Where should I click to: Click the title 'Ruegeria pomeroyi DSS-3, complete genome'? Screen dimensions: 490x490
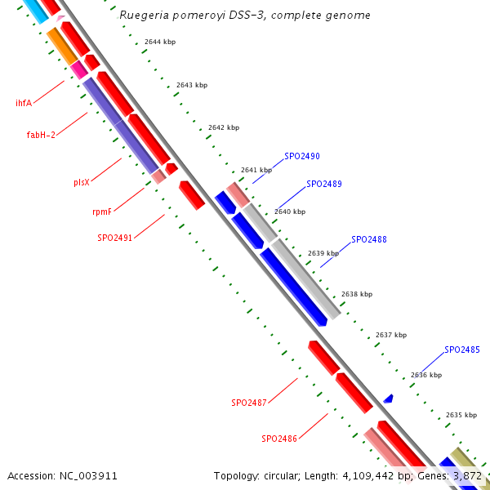pos(244,16)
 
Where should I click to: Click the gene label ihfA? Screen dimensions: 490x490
pos(24,104)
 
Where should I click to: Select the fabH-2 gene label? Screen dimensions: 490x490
pos(41,135)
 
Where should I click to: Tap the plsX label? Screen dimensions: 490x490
pos(82,182)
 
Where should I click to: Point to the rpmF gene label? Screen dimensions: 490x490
pos(102,212)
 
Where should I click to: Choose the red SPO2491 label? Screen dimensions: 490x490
pos(115,238)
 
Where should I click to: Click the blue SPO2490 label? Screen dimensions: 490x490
pos(302,156)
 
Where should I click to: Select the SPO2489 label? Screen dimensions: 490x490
pos(324,185)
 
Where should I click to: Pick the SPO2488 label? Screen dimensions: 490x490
pos(369,239)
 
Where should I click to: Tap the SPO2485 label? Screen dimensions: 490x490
pos(462,350)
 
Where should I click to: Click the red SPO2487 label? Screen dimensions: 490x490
pos(249,403)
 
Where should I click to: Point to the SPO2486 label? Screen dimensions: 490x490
pos(279,439)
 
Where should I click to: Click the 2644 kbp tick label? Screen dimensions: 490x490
pos(160,42)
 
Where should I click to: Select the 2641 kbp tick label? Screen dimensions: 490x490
pos(256,170)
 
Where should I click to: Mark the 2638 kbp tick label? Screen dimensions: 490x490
pos(357,294)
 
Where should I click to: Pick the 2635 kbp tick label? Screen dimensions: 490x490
pos(461,415)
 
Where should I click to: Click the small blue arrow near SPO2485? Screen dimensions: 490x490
pos(389,399)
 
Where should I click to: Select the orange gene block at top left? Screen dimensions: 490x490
pos(62,46)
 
